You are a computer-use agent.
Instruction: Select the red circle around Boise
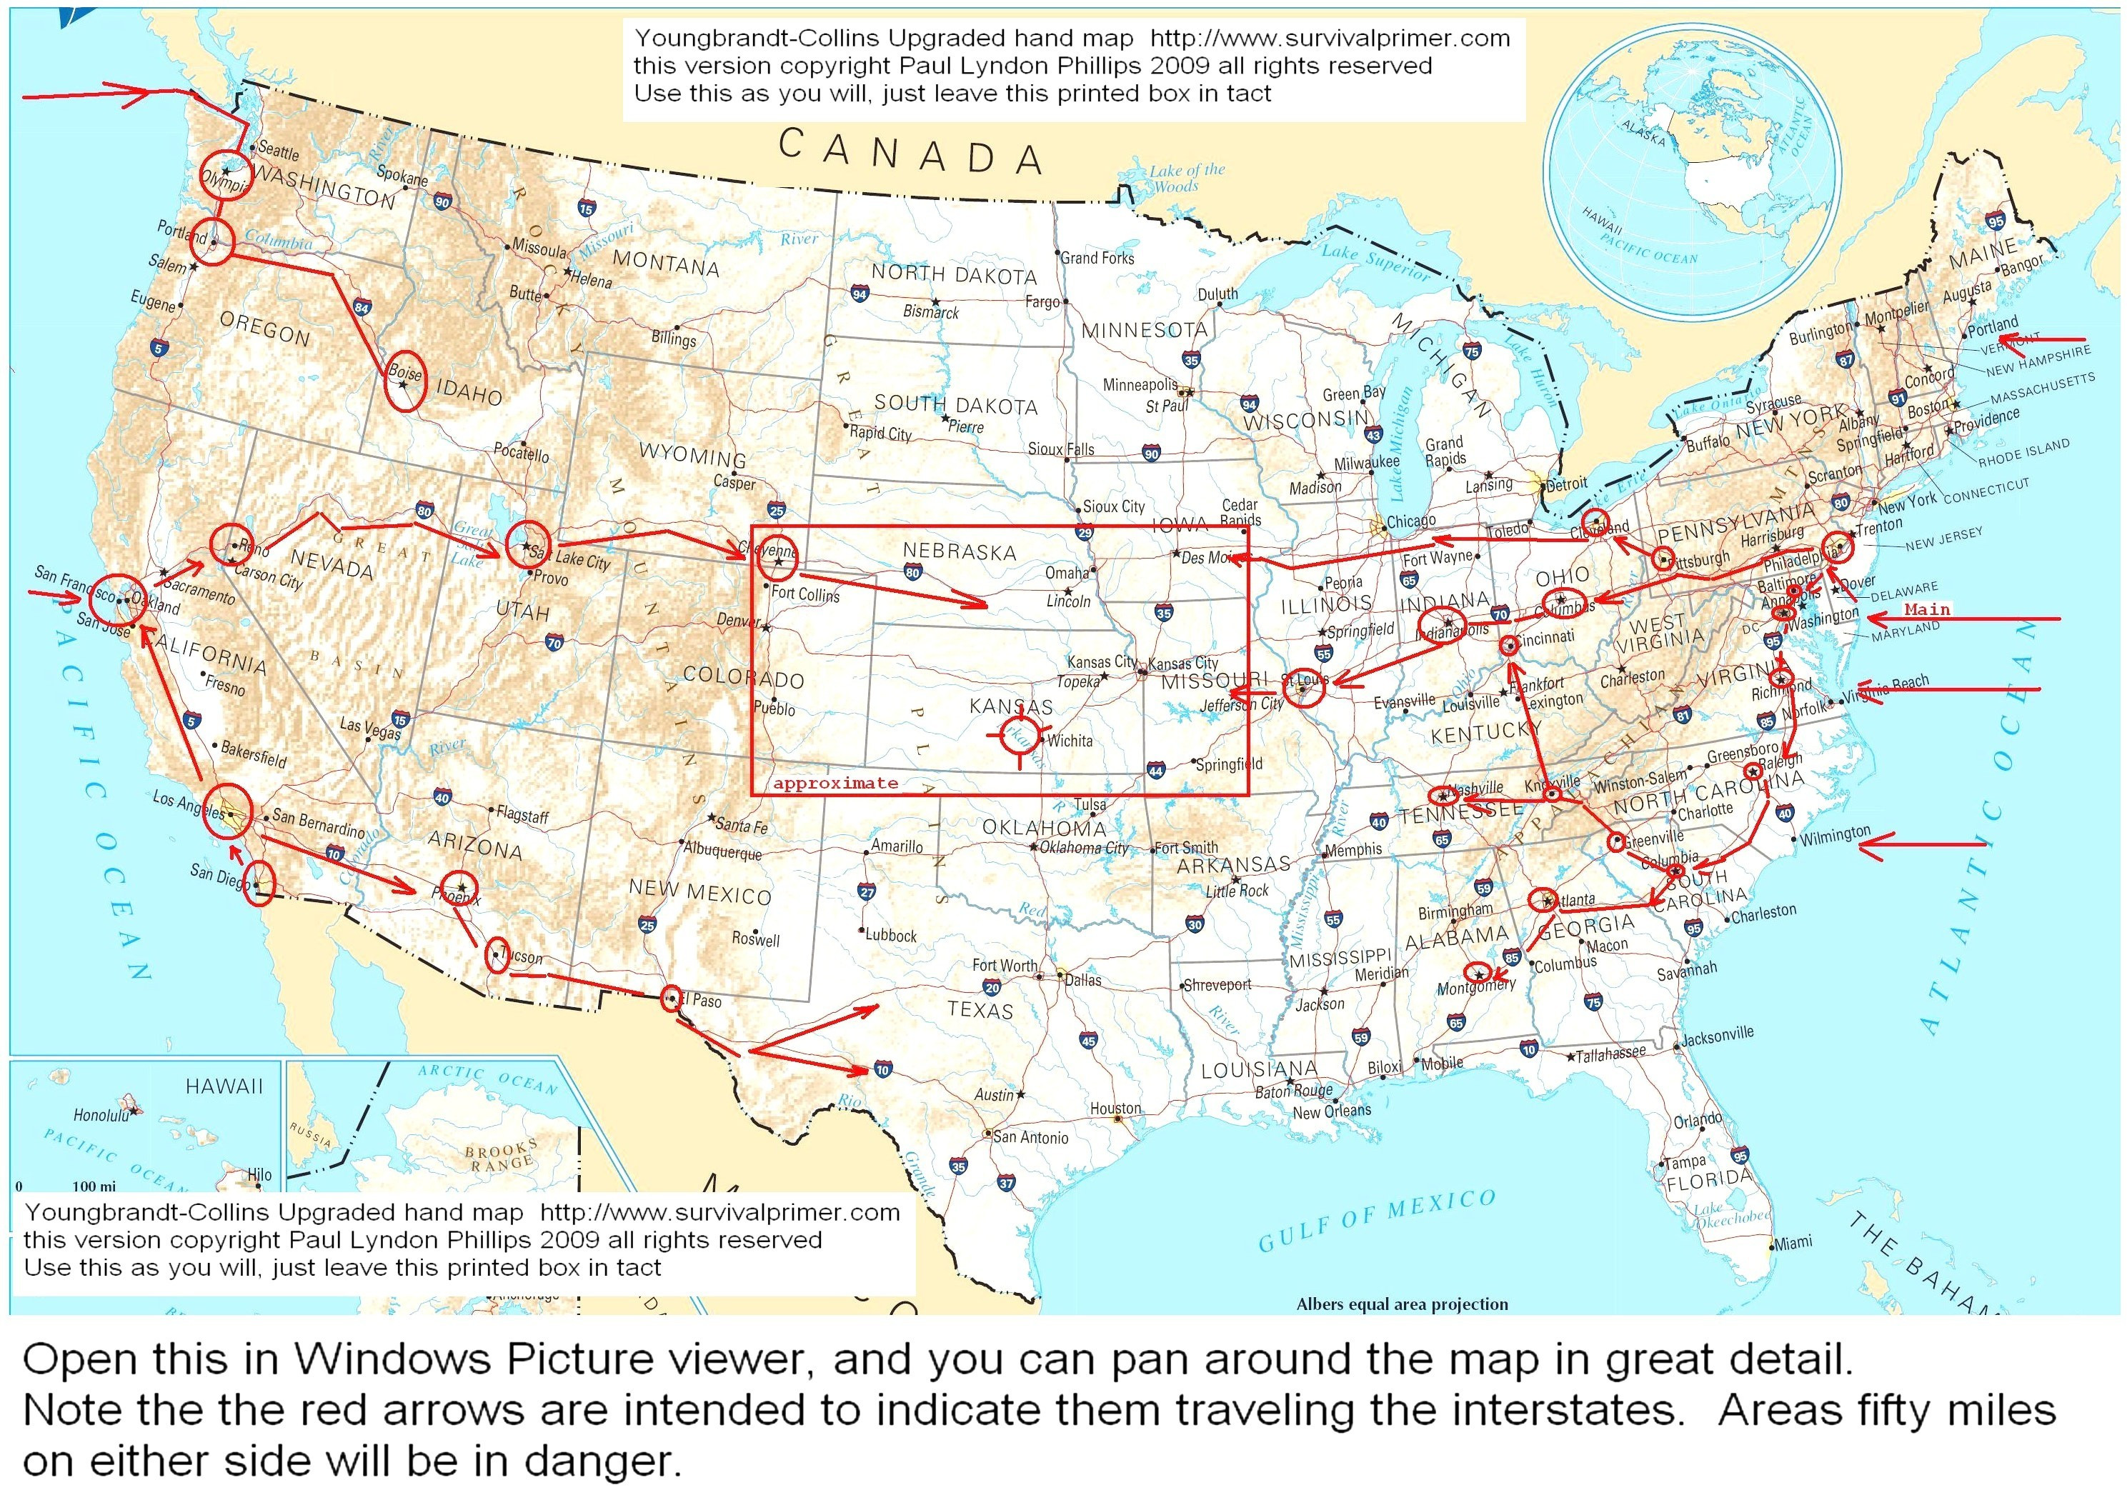click(x=405, y=381)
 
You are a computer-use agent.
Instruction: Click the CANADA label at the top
click(x=911, y=152)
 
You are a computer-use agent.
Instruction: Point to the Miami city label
click(x=1793, y=1243)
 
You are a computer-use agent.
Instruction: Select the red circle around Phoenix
click(x=459, y=891)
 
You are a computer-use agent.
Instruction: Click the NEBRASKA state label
click(x=960, y=552)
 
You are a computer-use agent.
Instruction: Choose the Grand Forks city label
click(x=1098, y=258)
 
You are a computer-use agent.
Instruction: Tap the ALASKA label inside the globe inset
click(x=1643, y=134)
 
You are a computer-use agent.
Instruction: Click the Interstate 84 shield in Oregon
click(x=362, y=309)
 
